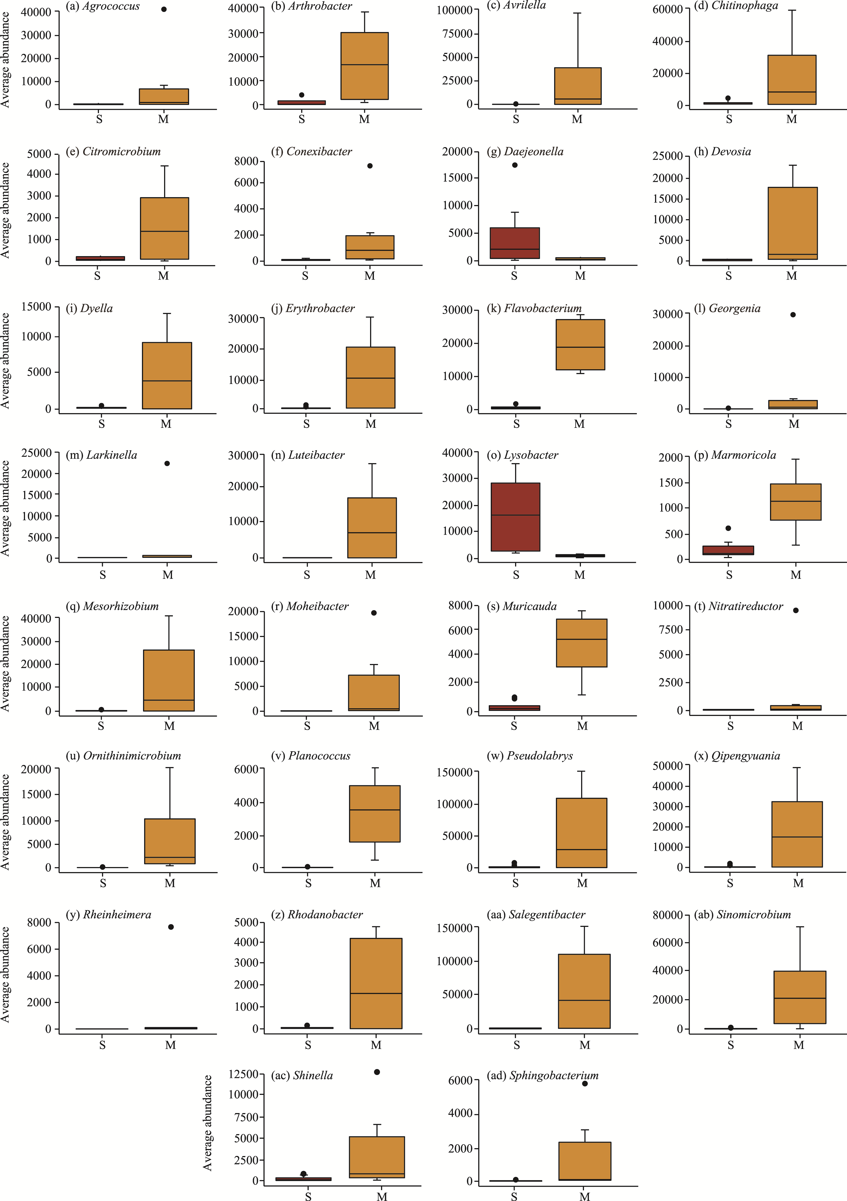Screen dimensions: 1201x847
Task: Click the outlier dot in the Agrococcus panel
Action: coord(164,9)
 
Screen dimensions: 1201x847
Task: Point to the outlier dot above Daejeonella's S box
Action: coord(515,165)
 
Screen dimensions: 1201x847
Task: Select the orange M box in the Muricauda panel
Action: coord(581,643)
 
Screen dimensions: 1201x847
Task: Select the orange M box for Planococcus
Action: coord(375,813)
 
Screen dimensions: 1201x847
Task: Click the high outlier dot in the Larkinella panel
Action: coord(167,464)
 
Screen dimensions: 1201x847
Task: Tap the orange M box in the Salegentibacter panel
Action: coord(584,991)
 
